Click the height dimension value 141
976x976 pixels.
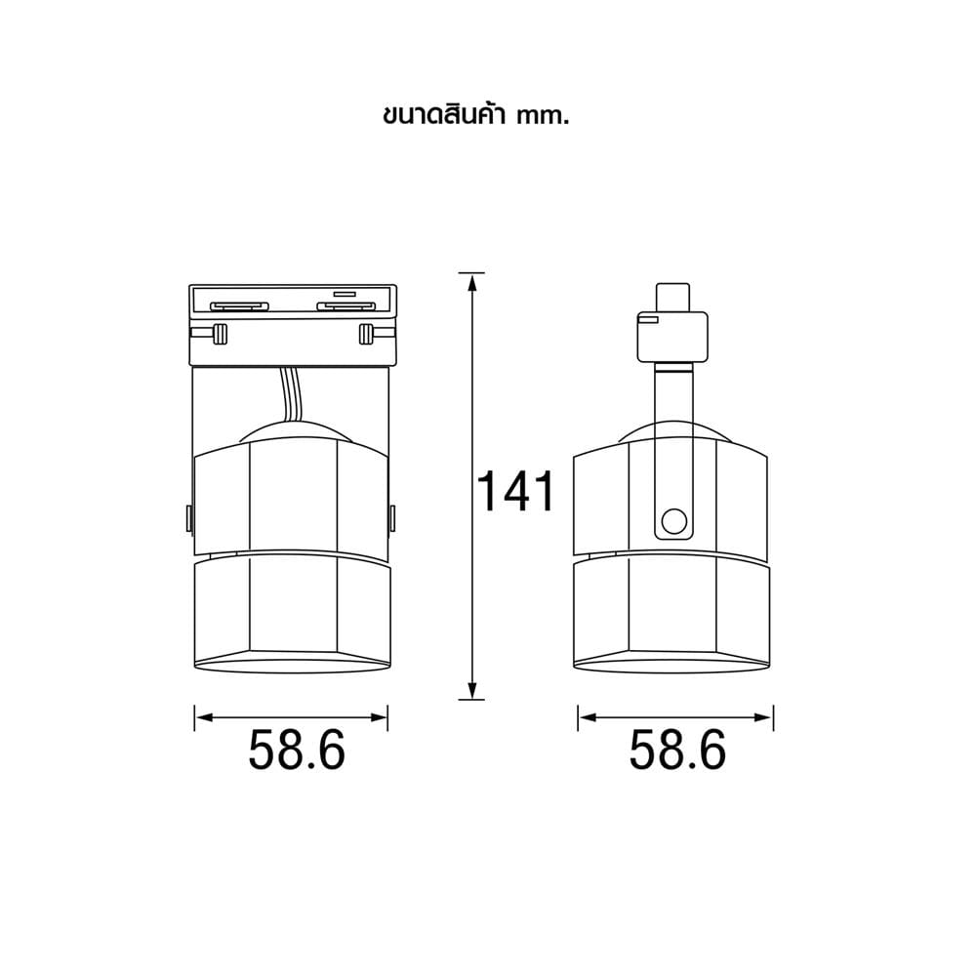(x=514, y=491)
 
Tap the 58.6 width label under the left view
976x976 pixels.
(x=297, y=750)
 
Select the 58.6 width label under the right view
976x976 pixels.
(x=677, y=750)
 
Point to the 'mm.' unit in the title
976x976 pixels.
(x=543, y=118)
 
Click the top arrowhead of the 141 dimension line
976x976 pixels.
(x=472, y=282)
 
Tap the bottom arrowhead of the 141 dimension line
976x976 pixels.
(x=471, y=690)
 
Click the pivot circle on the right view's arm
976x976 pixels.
(x=674, y=521)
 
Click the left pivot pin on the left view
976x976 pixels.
(x=188, y=518)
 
